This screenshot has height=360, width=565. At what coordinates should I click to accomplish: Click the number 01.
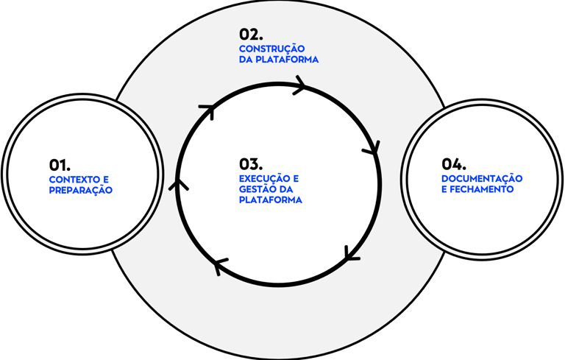[x=60, y=165]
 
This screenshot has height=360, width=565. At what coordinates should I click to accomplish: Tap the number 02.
[x=251, y=35]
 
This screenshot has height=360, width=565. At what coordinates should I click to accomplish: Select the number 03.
[x=251, y=164]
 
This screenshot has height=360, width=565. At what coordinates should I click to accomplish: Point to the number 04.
[x=454, y=164]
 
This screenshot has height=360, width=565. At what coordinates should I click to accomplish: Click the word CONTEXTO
[x=74, y=180]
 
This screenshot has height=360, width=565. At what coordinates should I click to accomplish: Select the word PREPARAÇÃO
[x=81, y=189]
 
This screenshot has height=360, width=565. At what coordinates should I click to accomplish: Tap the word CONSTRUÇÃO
[x=272, y=49]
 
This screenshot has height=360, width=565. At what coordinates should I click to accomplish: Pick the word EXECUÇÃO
[x=264, y=178]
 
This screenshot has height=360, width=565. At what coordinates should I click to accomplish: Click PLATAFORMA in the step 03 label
[x=271, y=200]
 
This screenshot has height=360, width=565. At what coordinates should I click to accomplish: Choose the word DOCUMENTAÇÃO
[x=482, y=178]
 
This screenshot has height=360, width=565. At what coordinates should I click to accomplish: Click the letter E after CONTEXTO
[x=106, y=180]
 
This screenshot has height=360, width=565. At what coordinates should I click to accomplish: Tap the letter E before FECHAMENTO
[x=444, y=189]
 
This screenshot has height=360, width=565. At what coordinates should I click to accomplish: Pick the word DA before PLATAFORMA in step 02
[x=246, y=60]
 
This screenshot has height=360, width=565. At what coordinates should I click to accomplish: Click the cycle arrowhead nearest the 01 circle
[x=178, y=185]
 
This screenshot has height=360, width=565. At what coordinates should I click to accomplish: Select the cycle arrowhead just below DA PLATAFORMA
[x=300, y=85]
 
